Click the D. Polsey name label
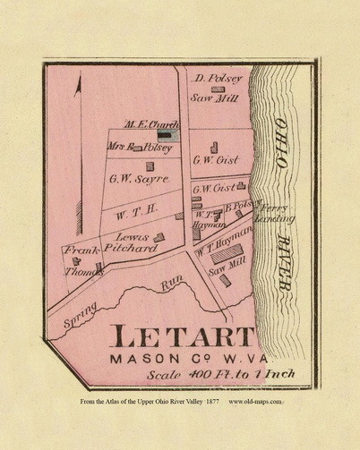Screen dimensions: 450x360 click(212, 79)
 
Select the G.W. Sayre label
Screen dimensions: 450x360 click(139, 179)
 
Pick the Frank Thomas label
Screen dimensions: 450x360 click(79, 258)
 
